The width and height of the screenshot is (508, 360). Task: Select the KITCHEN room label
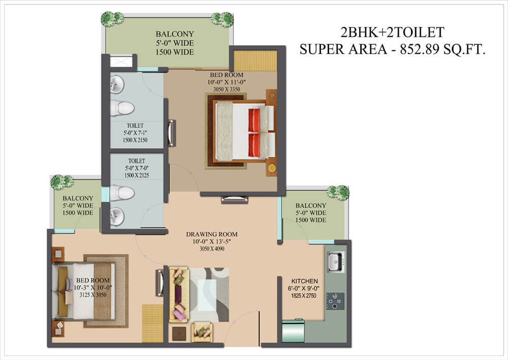click(x=305, y=281)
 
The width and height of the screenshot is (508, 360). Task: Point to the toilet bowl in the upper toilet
click(x=122, y=108)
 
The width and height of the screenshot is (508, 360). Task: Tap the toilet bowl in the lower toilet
click(x=122, y=193)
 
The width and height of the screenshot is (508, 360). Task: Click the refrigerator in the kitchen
click(x=293, y=331)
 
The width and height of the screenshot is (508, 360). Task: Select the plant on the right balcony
click(x=338, y=192)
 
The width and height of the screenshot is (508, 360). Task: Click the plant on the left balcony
click(x=62, y=182)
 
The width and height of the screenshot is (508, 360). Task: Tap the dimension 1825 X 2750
click(x=305, y=295)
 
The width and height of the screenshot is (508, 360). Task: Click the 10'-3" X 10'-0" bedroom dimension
click(x=93, y=287)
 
